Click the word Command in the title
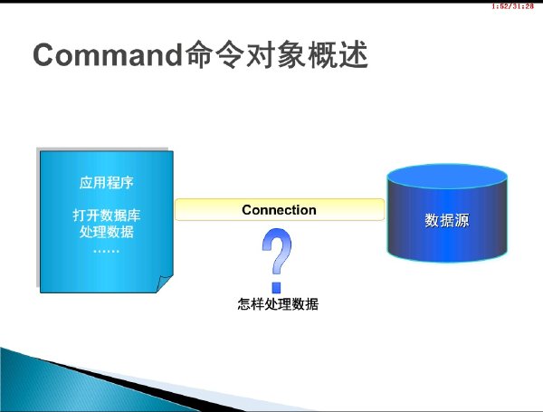[108, 55]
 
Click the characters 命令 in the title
[214, 54]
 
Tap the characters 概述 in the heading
[338, 54]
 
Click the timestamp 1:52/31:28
[512, 6]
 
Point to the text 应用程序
[106, 183]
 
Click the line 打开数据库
[106, 216]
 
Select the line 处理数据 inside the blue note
[106, 232]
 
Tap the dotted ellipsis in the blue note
[106, 251]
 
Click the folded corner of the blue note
[164, 283]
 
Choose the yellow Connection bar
[280, 210]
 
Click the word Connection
[279, 210]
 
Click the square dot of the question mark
[276, 288]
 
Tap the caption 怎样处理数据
[278, 304]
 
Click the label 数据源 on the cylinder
[447, 220]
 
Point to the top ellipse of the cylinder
[447, 177]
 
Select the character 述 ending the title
[353, 54]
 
